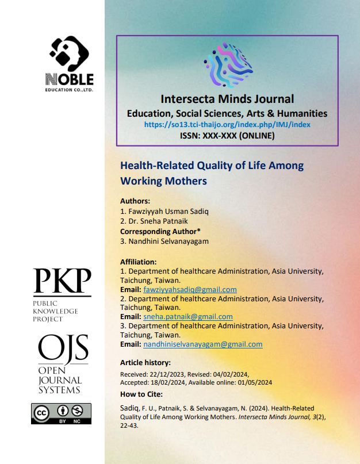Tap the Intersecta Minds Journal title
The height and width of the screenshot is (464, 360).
click(227, 98)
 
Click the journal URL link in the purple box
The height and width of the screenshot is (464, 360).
click(227, 124)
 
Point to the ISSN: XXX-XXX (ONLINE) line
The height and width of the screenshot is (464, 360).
click(227, 136)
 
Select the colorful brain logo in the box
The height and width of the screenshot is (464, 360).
click(228, 66)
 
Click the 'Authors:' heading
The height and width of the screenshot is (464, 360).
click(135, 201)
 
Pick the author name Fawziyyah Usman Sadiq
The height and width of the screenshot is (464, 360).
click(168, 212)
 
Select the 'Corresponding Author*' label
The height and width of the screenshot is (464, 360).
click(160, 231)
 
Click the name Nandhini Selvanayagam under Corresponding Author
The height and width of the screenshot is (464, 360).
click(164, 241)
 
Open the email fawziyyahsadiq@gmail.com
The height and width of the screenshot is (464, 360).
click(190, 290)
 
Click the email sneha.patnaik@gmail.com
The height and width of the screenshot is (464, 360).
click(187, 317)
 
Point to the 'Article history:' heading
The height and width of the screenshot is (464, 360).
click(145, 363)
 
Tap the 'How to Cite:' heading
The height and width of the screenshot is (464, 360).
click(141, 394)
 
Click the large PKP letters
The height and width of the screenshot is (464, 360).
click(62, 282)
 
